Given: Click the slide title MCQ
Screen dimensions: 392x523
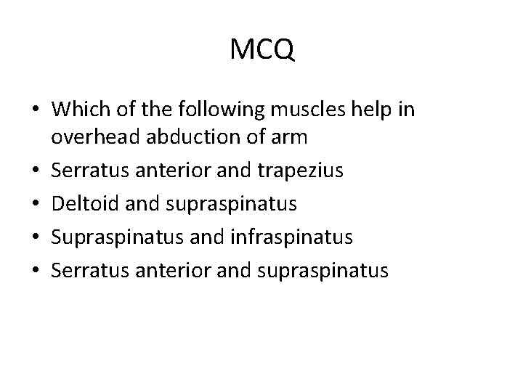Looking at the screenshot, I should click(x=261, y=50).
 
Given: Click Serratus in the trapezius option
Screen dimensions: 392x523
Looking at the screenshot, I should click(x=86, y=171).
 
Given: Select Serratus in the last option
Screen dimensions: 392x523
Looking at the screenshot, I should click(x=86, y=271).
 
